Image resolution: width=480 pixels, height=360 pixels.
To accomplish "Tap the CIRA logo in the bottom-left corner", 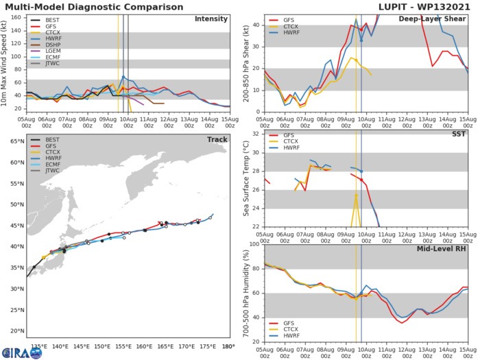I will (x=23, y=352).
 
